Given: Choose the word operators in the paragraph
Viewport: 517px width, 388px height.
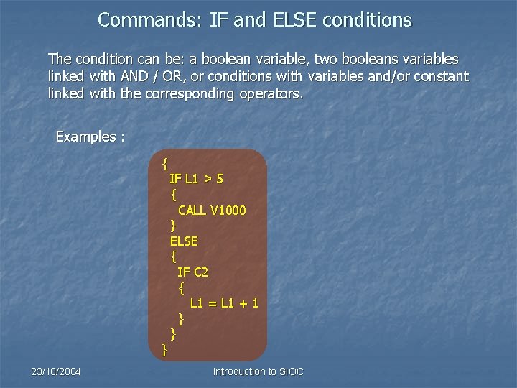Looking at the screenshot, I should point(271,93).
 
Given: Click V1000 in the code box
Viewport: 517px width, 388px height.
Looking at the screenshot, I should point(228,211).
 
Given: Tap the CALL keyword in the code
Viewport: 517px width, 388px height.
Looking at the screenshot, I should point(192,211).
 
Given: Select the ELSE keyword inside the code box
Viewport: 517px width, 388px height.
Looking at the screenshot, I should point(184,241).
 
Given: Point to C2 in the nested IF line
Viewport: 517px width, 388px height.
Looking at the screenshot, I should point(201,272).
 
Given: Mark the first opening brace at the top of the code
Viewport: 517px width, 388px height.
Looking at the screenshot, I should point(165,162).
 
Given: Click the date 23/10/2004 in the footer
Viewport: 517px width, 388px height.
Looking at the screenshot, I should point(56,371).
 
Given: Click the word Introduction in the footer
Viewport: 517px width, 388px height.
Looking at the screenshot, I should point(238,371).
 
